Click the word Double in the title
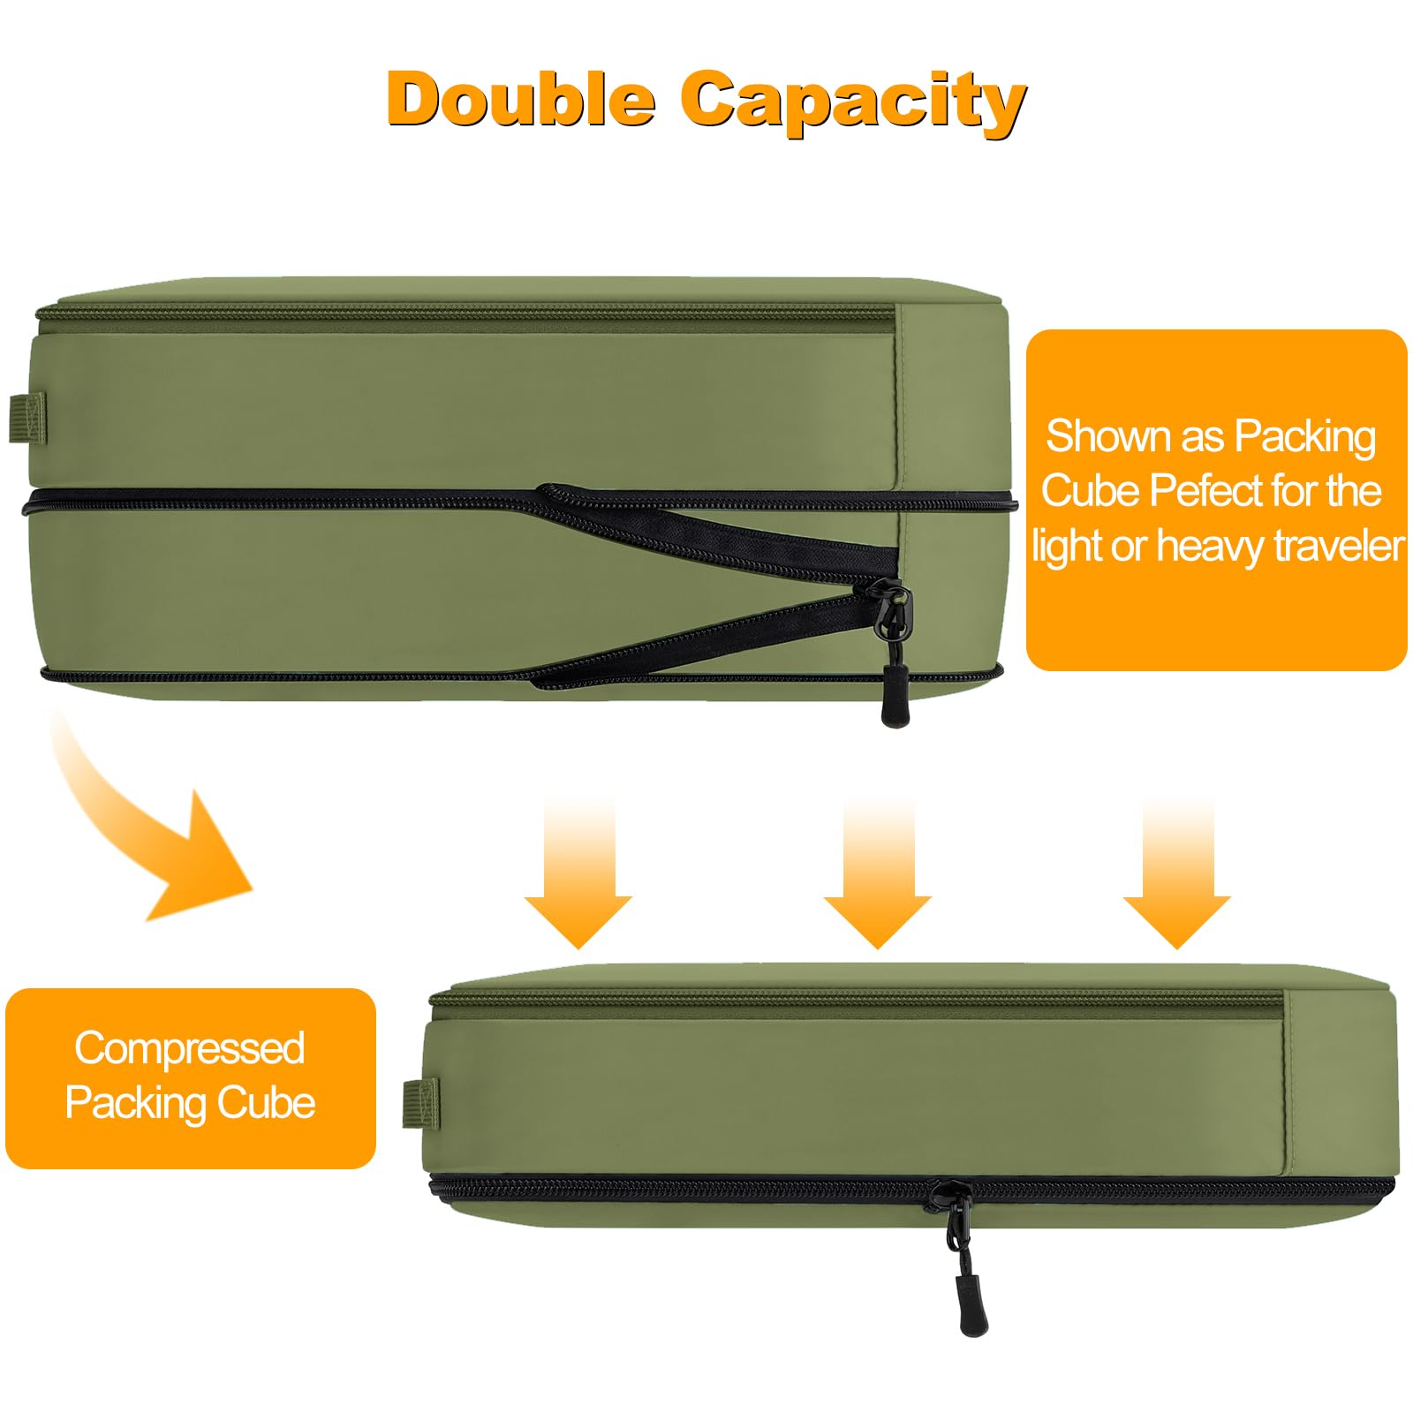(521, 100)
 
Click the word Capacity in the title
(852, 102)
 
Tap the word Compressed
(190, 1048)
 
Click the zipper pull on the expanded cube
(895, 671)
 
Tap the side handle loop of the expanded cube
(26, 419)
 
